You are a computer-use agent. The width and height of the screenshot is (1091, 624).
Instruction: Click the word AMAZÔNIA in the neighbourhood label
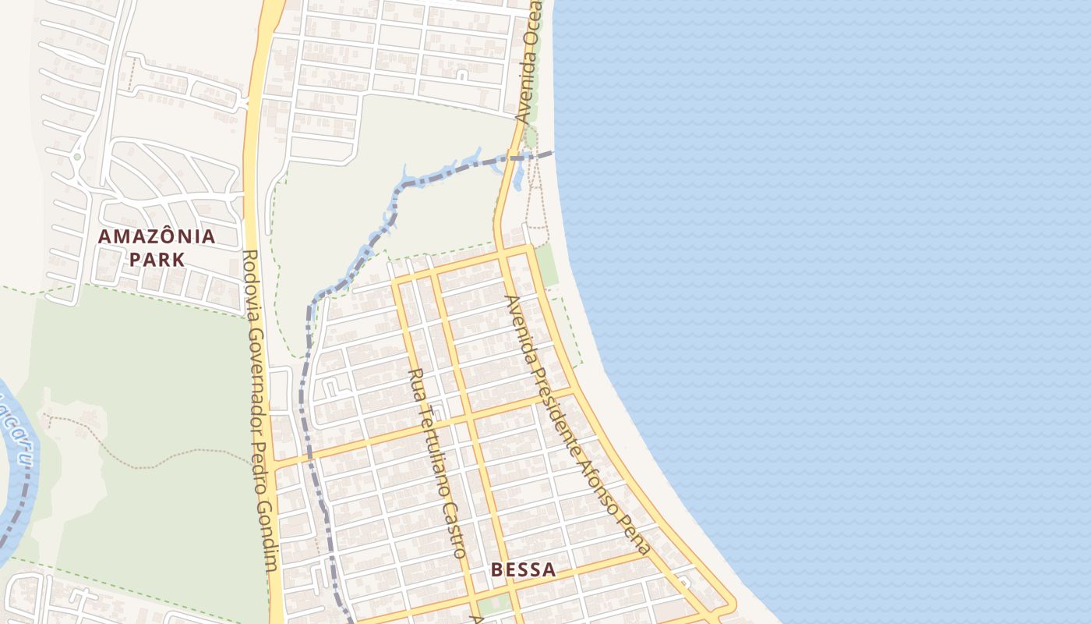(x=156, y=236)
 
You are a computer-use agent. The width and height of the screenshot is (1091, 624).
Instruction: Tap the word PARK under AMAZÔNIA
(x=157, y=260)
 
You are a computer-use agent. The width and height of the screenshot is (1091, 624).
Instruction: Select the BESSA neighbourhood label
(x=524, y=570)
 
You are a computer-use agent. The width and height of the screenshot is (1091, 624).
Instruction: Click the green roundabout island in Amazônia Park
(x=76, y=157)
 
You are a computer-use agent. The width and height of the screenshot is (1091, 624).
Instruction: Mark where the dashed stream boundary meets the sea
(x=553, y=153)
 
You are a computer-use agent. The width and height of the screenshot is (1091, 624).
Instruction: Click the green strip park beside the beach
(x=547, y=264)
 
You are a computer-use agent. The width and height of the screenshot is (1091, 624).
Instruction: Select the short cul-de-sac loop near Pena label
(x=683, y=581)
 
